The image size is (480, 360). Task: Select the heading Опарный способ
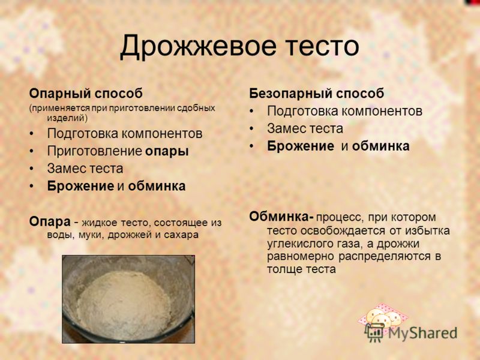pos(86,94)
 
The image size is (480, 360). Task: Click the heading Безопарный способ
pos(317,94)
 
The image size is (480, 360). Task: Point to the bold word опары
pos(167,152)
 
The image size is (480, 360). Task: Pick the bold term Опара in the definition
pos(50,222)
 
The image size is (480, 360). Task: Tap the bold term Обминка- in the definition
pos(281,217)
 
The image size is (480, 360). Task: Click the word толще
pos(281,269)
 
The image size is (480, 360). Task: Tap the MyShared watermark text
pos(423,333)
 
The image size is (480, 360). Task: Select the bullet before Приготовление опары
pos(32,152)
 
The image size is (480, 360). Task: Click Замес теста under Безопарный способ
pos(305,128)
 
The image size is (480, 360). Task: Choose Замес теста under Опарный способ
pos(85,169)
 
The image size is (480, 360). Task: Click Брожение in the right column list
pos(301,146)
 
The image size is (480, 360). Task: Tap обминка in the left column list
pos(157,186)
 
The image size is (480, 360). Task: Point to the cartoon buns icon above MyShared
pos(383,317)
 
